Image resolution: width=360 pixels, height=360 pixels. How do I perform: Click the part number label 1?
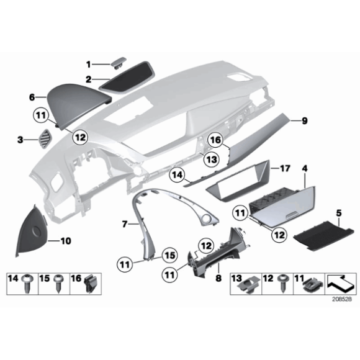click(88, 63)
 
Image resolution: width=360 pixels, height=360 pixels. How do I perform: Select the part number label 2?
click(88, 79)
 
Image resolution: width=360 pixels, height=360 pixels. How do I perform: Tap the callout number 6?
click(31, 97)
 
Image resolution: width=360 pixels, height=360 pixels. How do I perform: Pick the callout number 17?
click(285, 168)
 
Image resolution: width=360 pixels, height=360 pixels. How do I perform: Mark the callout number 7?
click(125, 223)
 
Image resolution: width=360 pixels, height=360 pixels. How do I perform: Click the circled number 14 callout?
click(176, 176)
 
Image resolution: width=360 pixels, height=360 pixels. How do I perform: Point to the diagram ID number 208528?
click(341, 299)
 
